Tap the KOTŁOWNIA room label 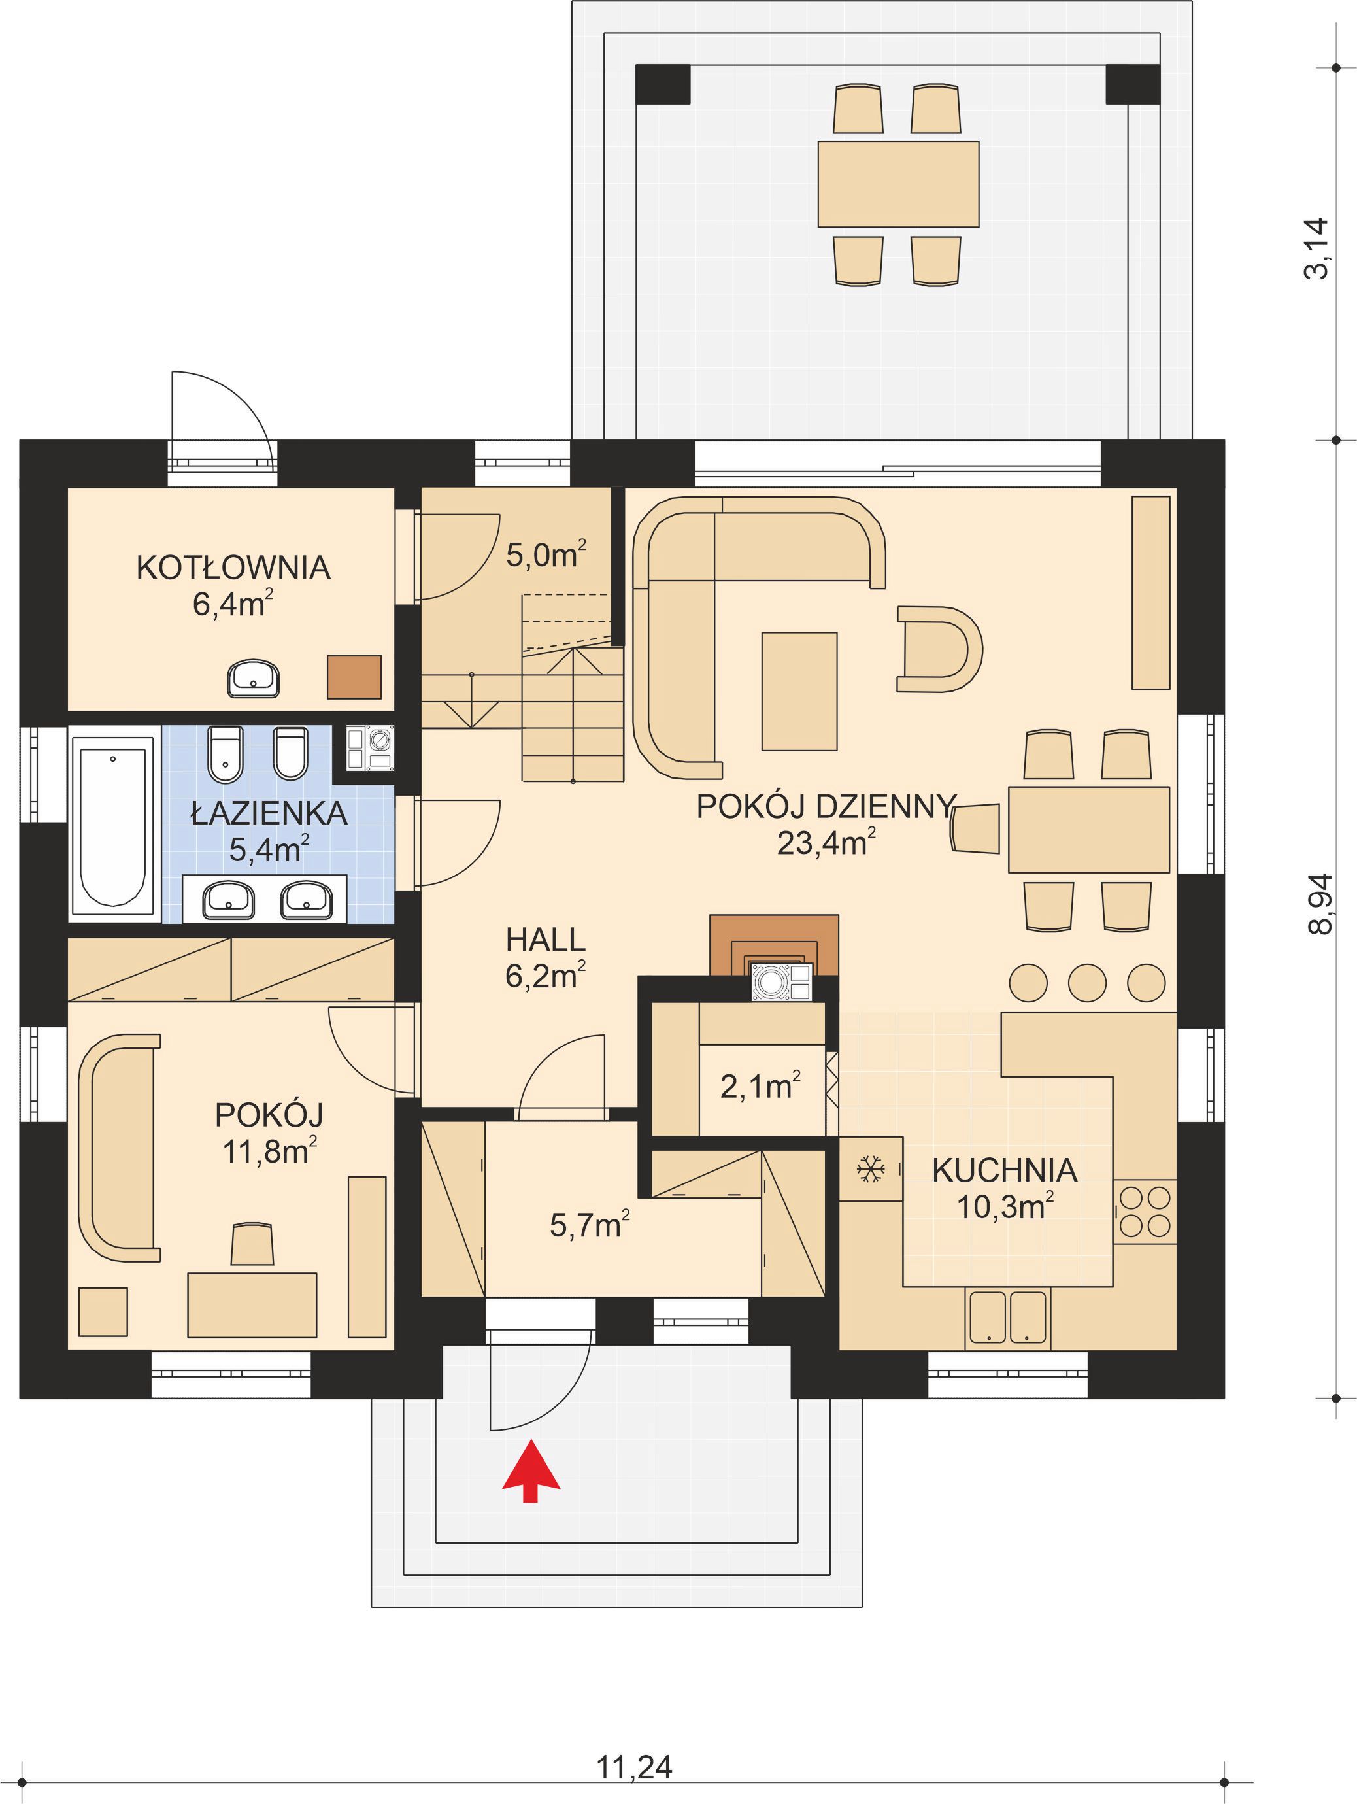tap(233, 568)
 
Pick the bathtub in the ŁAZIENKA tap(112, 824)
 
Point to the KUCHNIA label tap(1005, 1170)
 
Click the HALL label tap(546, 940)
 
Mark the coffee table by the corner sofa tap(799, 690)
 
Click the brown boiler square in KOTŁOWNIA tap(354, 677)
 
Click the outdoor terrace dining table tap(898, 184)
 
